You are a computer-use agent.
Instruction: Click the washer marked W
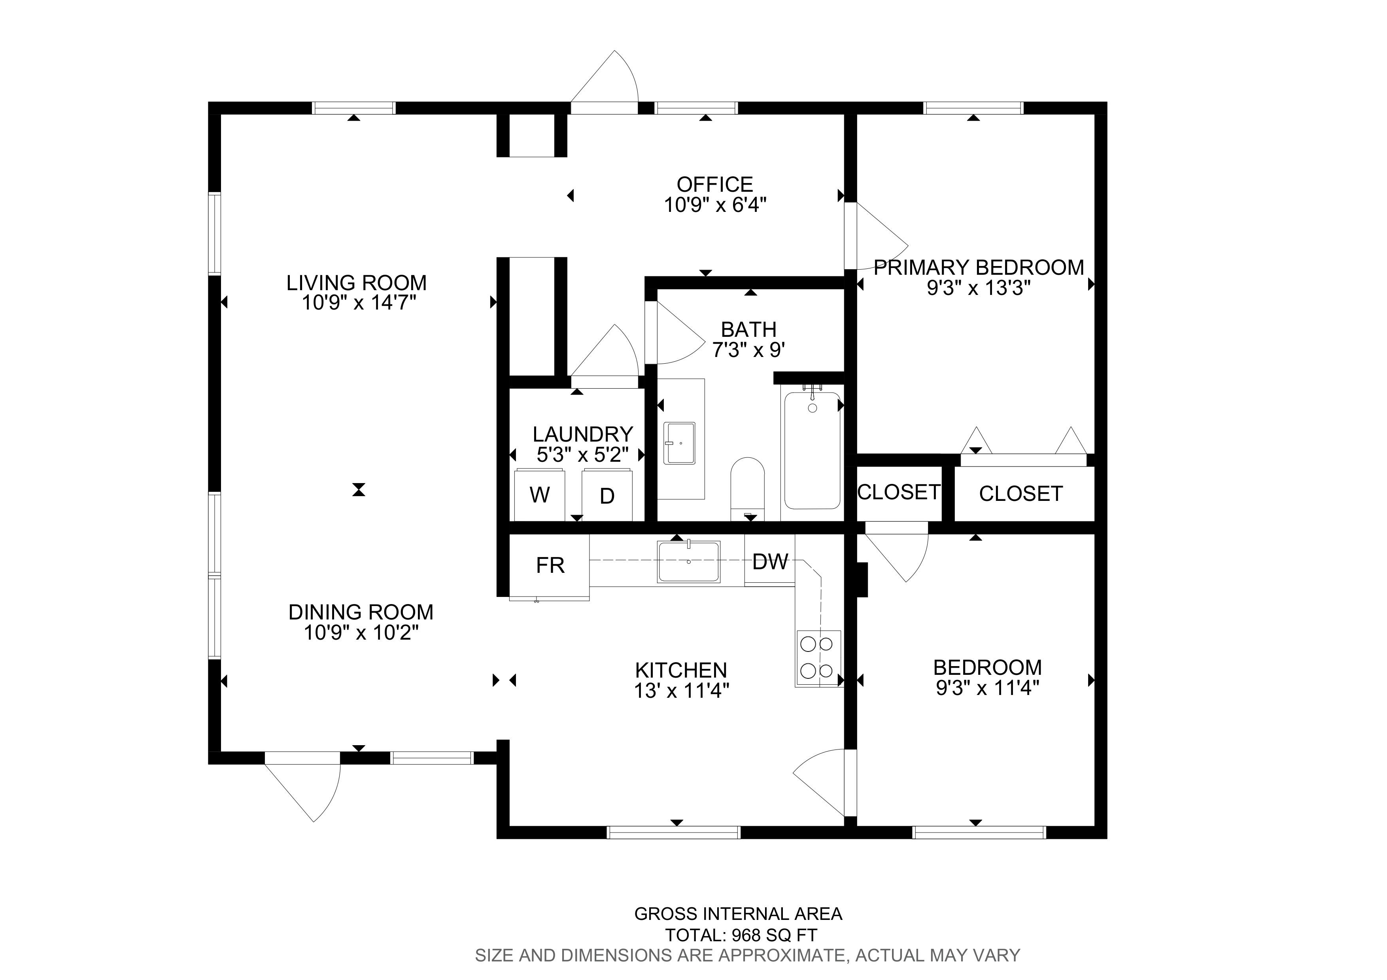click(539, 495)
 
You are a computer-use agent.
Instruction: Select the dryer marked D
click(607, 495)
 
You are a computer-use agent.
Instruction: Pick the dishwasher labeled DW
click(770, 561)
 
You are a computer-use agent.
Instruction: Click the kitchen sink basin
click(689, 561)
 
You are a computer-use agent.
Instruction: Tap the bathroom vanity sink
click(680, 443)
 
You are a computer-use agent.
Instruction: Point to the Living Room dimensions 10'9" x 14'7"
click(359, 302)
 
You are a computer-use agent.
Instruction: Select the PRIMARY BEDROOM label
click(979, 267)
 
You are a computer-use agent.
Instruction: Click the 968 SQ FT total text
click(775, 935)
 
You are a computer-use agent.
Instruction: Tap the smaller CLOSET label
click(899, 492)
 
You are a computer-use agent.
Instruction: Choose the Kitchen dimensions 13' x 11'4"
click(681, 690)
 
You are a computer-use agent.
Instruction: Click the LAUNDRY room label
click(582, 434)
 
